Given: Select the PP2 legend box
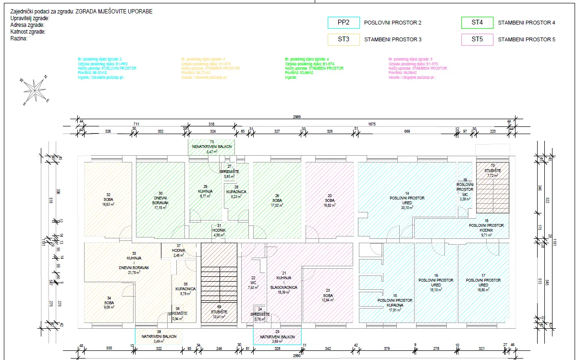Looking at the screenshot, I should pos(343,23).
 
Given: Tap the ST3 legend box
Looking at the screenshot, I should pos(343,39).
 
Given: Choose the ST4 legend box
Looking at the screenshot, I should pos(477,23).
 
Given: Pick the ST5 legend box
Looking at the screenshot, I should pos(477,39).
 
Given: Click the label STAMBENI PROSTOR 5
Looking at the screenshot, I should pos(527,39).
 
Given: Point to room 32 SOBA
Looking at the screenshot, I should pos(108,199).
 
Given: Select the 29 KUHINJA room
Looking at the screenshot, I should pos(205,192).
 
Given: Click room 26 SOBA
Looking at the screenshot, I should pos(277,200).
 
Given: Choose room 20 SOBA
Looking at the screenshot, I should pos(330,200).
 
